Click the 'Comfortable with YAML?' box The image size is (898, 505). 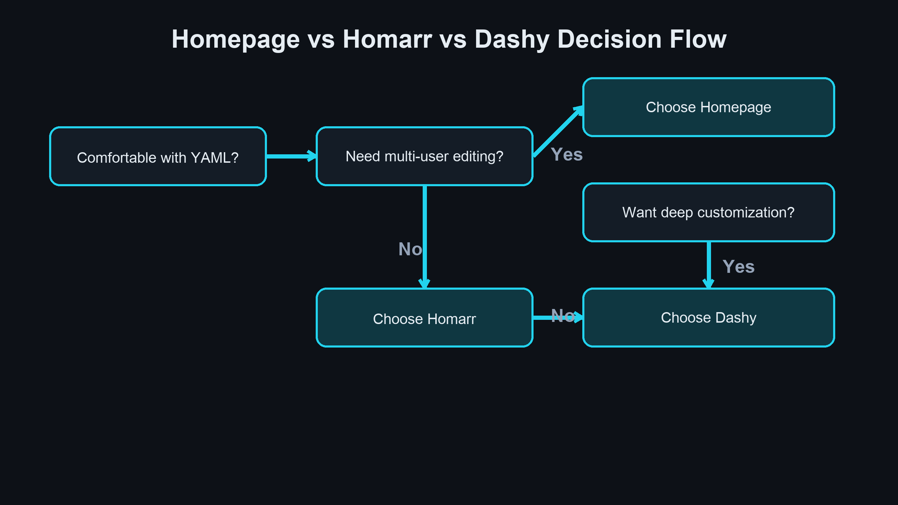tap(158, 156)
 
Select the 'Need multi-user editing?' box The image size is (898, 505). tap(424, 156)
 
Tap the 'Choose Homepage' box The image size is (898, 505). tap(709, 107)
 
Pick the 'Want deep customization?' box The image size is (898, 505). tap(709, 212)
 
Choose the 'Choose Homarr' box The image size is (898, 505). tap(424, 318)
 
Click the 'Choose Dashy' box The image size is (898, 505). tap(709, 318)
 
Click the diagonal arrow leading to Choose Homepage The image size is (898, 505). tap(558, 132)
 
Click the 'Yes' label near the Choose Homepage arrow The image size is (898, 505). tap(567, 154)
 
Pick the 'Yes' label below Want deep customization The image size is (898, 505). tap(738, 267)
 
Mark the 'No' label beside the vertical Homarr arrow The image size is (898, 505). tap(410, 249)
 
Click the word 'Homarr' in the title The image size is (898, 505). tap(387, 39)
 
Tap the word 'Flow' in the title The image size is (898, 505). tap(698, 39)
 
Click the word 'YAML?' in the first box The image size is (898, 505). tap(214, 158)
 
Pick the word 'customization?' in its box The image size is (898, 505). tap(746, 213)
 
